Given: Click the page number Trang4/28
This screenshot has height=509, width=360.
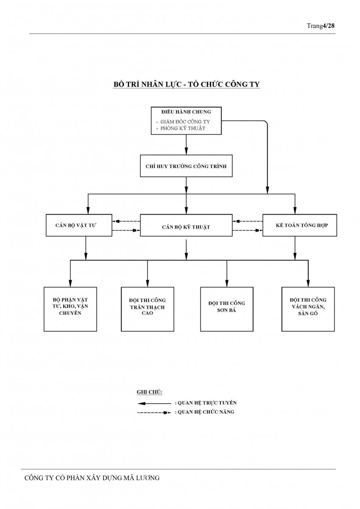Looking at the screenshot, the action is (321, 26).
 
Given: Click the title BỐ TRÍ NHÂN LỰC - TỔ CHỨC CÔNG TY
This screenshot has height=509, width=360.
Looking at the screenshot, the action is (186, 84).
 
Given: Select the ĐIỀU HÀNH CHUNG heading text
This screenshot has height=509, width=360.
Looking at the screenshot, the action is (186, 112).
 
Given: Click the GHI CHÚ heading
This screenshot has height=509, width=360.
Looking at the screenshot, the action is (149, 392).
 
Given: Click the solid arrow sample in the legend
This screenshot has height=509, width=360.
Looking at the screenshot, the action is (154, 403).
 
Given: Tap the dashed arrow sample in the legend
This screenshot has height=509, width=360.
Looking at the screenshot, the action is (154, 412).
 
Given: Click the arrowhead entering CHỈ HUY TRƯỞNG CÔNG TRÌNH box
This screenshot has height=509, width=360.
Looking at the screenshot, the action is (186, 151).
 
